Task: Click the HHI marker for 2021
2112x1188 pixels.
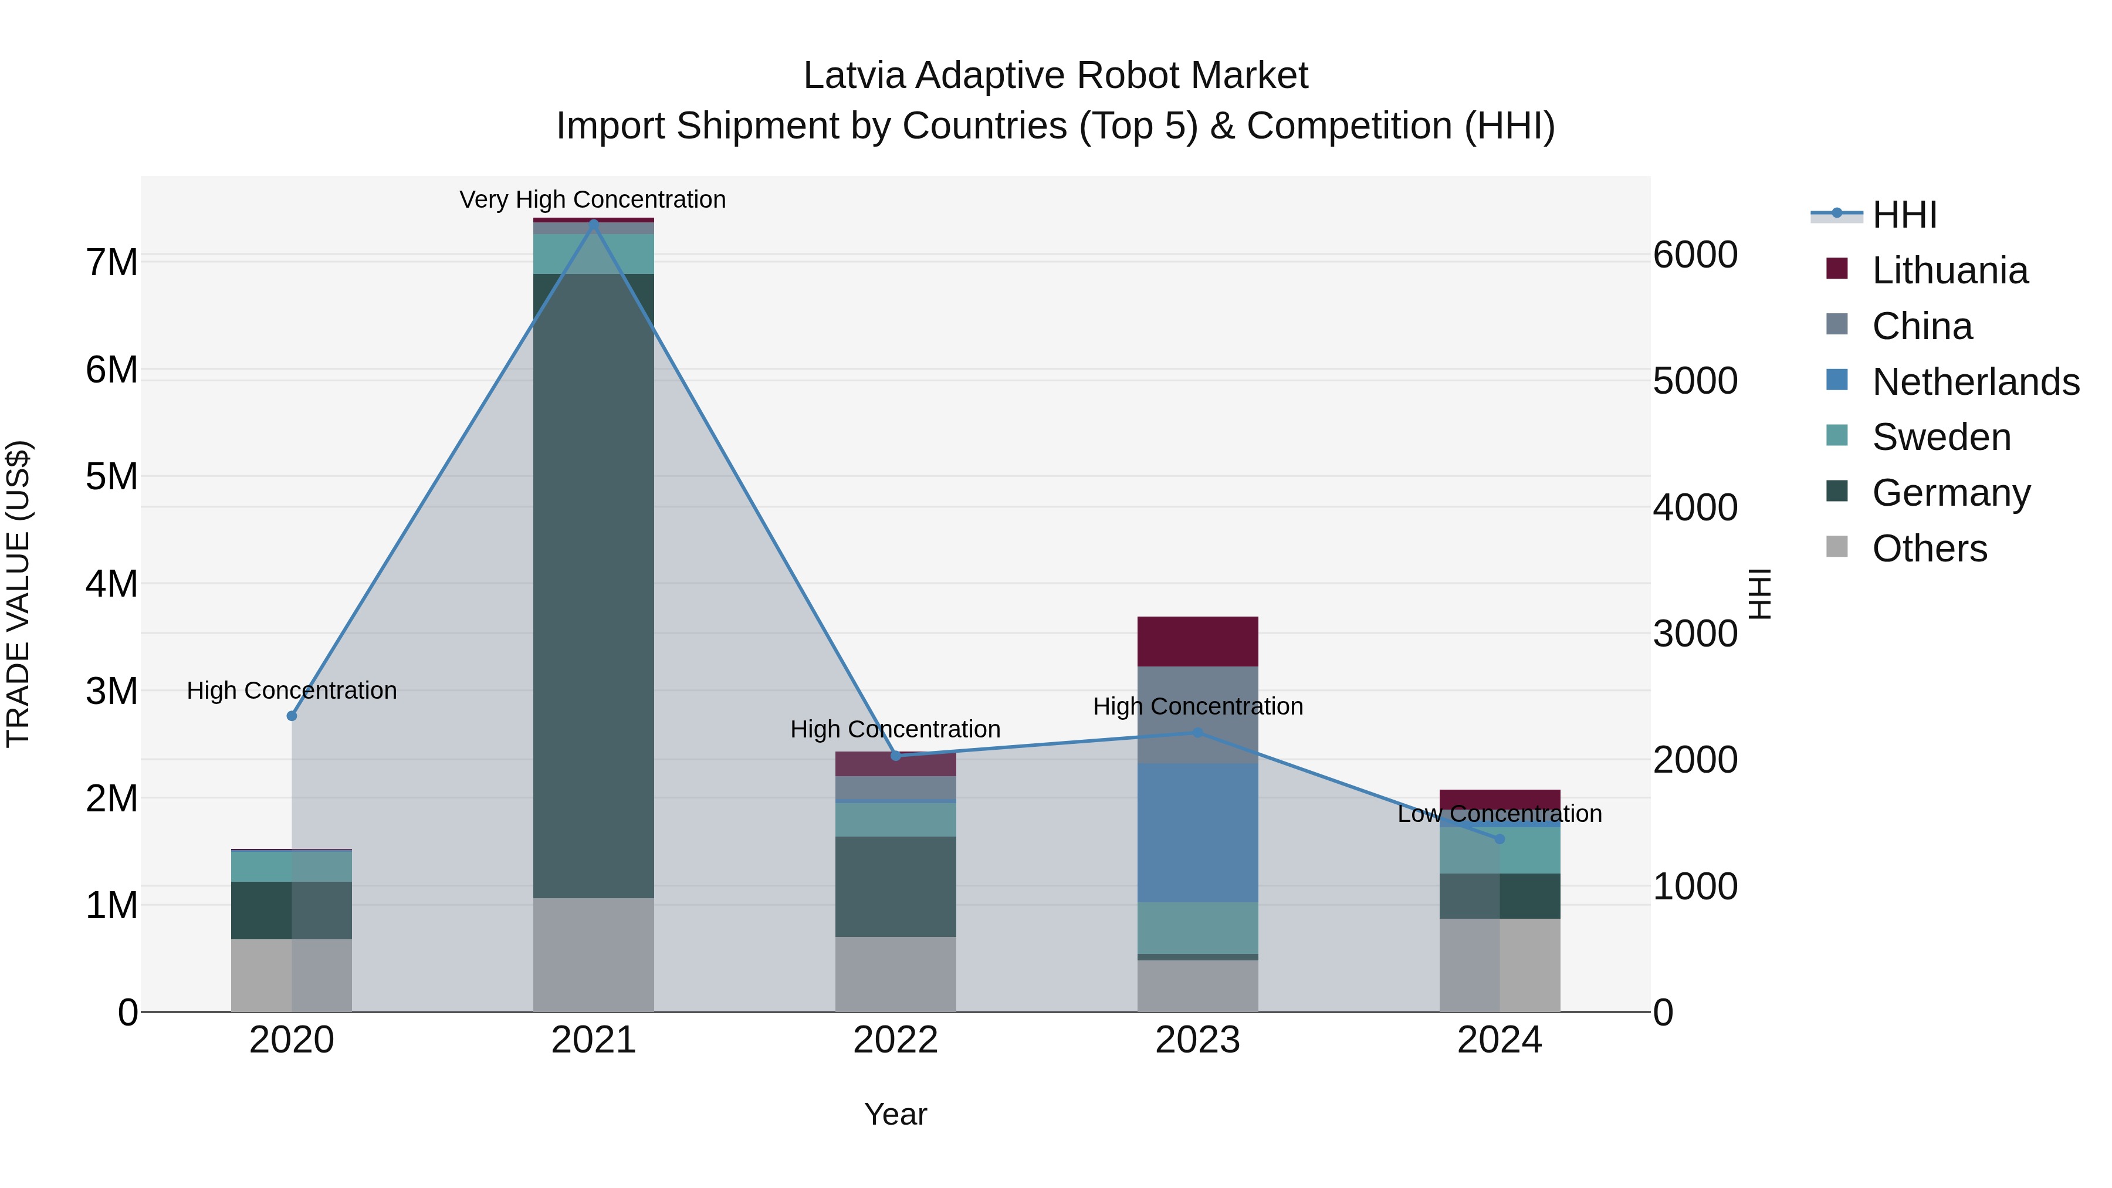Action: click(594, 223)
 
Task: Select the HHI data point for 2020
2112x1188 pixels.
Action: click(292, 716)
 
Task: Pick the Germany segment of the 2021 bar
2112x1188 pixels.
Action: click(594, 586)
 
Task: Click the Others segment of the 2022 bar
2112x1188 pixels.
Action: click(895, 974)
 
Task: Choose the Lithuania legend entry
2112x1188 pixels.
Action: click(1949, 270)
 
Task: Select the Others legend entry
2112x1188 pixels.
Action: click(1929, 549)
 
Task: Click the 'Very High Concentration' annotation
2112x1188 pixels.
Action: click(592, 200)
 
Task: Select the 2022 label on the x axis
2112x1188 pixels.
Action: click(895, 1040)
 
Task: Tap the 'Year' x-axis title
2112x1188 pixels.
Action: click(895, 1114)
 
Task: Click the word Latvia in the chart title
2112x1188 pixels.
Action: click(854, 76)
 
